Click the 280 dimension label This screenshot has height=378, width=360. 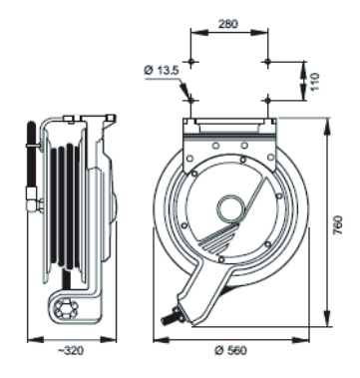pyautogui.click(x=228, y=24)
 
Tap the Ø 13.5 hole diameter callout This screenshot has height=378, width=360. pyautogui.click(x=162, y=70)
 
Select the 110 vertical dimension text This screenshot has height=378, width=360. pyautogui.click(x=314, y=82)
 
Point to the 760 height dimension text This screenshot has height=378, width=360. pyautogui.click(x=338, y=225)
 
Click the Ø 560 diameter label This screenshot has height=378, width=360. pyautogui.click(x=231, y=350)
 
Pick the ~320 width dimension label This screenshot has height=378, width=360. pyautogui.click(x=71, y=350)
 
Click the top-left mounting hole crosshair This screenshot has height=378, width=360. pyautogui.click(x=190, y=62)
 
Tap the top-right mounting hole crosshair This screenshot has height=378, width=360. pyautogui.click(x=268, y=62)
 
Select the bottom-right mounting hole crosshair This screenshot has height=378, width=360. pyautogui.click(x=268, y=100)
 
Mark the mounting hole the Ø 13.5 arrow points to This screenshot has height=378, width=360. pyautogui.click(x=190, y=100)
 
